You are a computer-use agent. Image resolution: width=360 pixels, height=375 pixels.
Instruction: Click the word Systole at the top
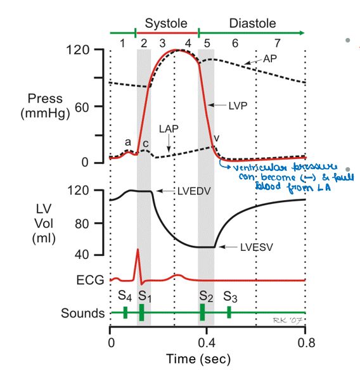tap(166, 23)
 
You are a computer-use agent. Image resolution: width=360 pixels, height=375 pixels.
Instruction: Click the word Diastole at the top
tap(252, 23)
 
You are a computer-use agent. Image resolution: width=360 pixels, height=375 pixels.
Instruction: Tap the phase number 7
tap(277, 43)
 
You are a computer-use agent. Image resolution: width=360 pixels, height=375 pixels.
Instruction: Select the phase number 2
tap(144, 43)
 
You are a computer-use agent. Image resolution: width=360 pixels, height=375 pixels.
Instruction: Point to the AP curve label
tap(270, 58)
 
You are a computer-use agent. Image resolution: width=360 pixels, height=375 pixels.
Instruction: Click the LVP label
tap(238, 106)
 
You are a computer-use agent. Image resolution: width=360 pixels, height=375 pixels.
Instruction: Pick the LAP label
tap(169, 129)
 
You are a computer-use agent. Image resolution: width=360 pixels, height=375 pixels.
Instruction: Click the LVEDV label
tap(194, 191)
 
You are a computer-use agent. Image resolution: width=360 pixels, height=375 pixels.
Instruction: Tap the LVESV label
tap(256, 247)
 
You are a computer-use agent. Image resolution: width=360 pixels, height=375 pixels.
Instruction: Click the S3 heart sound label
tap(230, 297)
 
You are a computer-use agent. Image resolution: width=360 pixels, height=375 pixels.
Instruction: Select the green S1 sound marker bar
tap(142, 312)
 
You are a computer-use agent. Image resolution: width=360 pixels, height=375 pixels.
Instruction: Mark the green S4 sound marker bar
tap(125, 312)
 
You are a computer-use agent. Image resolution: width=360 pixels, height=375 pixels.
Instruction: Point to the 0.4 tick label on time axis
tap(207, 343)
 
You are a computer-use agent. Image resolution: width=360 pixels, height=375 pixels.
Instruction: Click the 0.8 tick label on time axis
tap(306, 343)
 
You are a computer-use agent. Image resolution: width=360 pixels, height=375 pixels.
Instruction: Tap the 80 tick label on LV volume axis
tap(82, 224)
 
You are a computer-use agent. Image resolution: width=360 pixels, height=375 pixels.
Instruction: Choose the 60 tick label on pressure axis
tap(82, 108)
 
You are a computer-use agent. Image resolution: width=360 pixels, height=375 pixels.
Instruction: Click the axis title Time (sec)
tap(198, 359)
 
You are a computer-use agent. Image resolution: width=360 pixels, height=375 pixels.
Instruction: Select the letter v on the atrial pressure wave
tap(216, 138)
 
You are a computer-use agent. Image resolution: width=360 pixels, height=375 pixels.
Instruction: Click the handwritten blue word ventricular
tap(260, 167)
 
